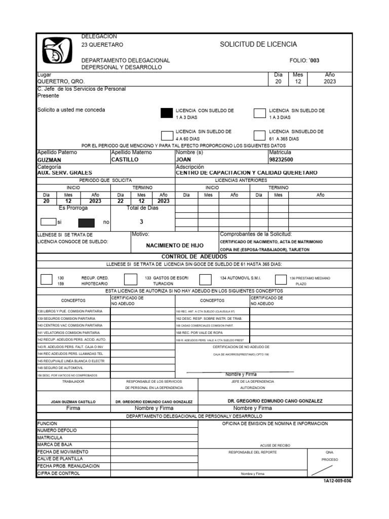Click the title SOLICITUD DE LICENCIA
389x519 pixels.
click(258, 45)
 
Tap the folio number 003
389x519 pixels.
click(315, 60)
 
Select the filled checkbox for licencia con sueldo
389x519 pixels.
click(167, 113)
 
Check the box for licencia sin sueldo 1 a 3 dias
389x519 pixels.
click(259, 113)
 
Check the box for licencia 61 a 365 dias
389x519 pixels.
click(259, 135)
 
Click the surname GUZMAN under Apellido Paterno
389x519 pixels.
click(50, 160)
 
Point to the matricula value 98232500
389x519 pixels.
click(282, 160)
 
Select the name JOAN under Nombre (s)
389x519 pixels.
click(183, 160)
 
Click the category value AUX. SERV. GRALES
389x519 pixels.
click(65, 173)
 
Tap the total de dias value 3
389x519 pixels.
click(141, 221)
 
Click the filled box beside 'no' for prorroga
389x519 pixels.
click(86, 222)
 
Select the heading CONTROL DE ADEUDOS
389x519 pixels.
click(194, 257)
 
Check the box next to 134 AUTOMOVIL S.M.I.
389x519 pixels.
click(205, 280)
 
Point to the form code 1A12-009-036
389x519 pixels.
click(337, 481)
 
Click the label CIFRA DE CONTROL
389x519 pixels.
click(59, 473)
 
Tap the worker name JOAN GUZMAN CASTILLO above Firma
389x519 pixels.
click(73, 401)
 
